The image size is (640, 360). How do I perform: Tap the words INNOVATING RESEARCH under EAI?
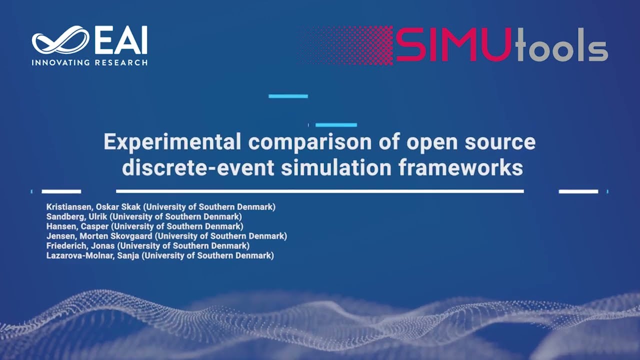pyautogui.click(x=89, y=62)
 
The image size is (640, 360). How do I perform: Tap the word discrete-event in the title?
pyautogui.click(x=197, y=167)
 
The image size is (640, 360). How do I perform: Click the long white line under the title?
pyautogui.click(x=319, y=191)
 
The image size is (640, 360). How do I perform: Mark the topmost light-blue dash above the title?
pyautogui.click(x=288, y=96)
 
